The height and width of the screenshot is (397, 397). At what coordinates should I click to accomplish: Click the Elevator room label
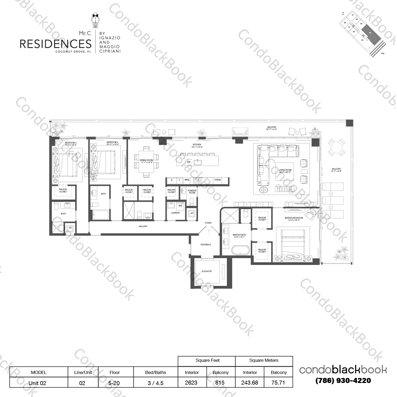[206, 271]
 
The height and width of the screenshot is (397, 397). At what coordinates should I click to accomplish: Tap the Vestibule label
[206, 245]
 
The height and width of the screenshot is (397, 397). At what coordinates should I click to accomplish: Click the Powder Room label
[192, 192]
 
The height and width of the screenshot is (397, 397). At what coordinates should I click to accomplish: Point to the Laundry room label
[175, 213]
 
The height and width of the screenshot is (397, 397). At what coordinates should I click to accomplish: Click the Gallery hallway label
[143, 226]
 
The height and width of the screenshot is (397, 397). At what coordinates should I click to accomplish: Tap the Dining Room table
[146, 161]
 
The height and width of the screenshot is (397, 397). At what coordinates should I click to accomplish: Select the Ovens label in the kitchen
[217, 180]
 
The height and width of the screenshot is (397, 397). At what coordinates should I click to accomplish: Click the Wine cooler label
[187, 180]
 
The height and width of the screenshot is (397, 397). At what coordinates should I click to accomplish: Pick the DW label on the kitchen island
[189, 162]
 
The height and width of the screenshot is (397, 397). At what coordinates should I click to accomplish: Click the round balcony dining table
[336, 148]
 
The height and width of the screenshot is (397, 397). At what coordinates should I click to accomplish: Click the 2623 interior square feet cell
[191, 383]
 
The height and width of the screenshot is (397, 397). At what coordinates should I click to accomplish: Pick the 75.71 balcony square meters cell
[278, 383]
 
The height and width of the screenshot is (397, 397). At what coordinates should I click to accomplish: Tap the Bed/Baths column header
[156, 372]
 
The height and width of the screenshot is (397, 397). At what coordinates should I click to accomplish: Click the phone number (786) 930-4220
[343, 381]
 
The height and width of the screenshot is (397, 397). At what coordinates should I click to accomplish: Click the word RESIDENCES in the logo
[56, 44]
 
